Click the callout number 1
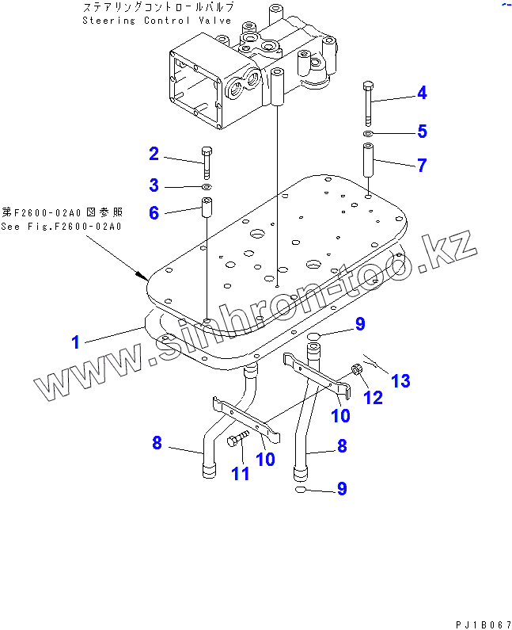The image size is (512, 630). (76, 342)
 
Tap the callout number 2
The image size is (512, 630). (154, 154)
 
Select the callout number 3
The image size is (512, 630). (154, 186)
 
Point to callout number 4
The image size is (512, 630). (422, 93)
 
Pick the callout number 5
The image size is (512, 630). (422, 132)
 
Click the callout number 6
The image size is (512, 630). (154, 212)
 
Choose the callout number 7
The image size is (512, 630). (422, 165)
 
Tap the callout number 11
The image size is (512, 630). (240, 473)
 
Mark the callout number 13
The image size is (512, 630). (400, 380)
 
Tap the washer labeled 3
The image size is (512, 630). (207, 187)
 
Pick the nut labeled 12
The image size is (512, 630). (357, 368)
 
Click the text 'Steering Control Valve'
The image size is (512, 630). (157, 21)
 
